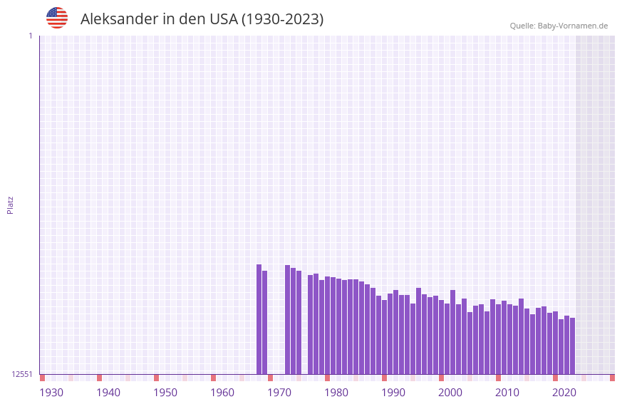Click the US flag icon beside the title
(x=57, y=18)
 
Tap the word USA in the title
(x=224, y=19)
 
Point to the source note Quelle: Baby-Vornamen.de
(x=559, y=26)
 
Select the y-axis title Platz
(x=10, y=204)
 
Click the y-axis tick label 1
(x=30, y=36)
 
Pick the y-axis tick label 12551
(x=22, y=374)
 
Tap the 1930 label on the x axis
(x=51, y=393)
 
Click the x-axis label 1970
(x=279, y=393)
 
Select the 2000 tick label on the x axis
(x=450, y=393)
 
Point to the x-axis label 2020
(x=564, y=393)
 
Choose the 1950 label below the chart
(x=165, y=393)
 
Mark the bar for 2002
(x=452, y=332)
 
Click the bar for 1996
(x=418, y=331)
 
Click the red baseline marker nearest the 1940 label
(x=99, y=378)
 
